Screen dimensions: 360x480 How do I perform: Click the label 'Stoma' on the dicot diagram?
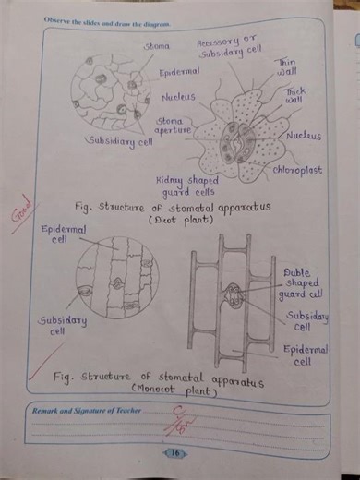(x=155, y=45)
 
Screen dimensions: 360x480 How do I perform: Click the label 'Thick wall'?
(x=295, y=96)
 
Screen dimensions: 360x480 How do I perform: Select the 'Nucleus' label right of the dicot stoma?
(x=304, y=136)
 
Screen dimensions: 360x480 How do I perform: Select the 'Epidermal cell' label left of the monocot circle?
(x=63, y=233)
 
